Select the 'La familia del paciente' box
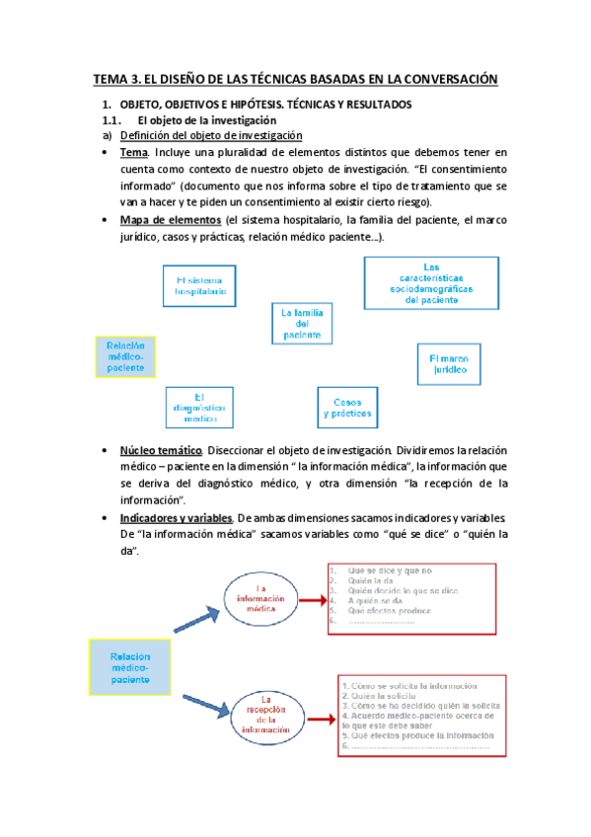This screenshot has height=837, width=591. point(302,324)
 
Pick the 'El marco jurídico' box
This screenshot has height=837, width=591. point(449,365)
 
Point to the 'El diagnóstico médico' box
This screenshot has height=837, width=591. point(200,406)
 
